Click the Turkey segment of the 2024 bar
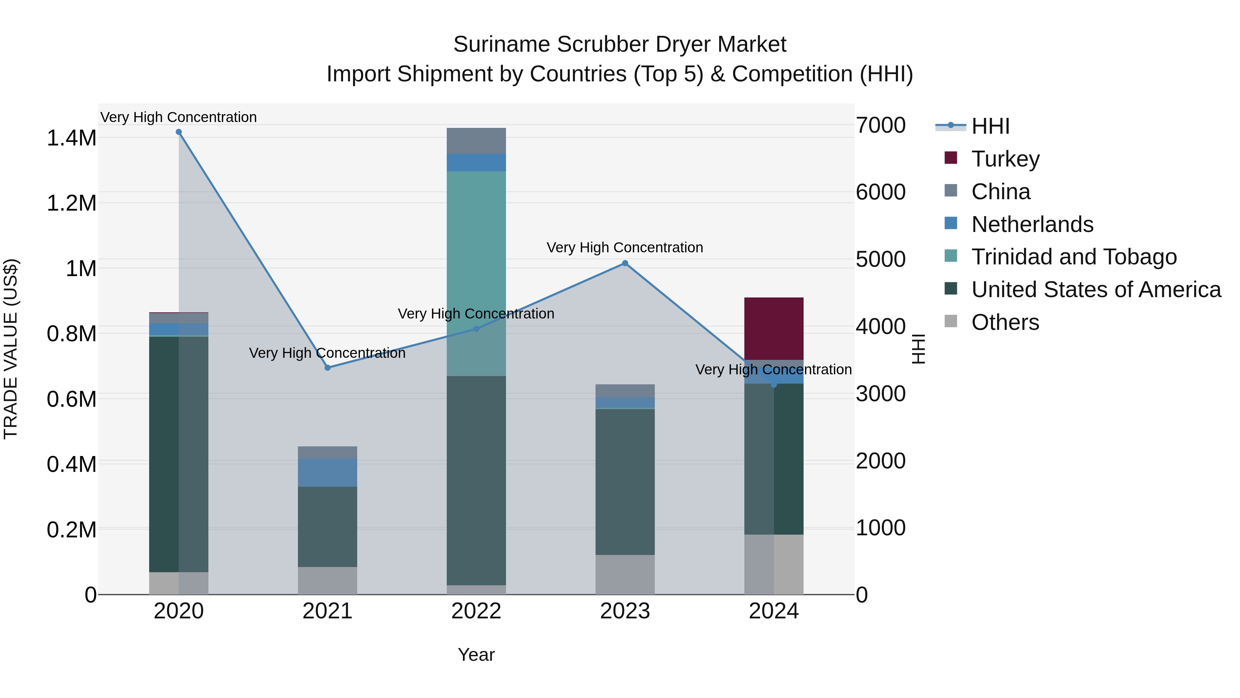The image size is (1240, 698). tap(774, 328)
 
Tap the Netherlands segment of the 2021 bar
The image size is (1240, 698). tap(327, 473)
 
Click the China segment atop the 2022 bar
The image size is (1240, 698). tap(476, 141)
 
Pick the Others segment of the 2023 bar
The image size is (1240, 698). tap(625, 574)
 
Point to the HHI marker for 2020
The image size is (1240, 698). tap(178, 132)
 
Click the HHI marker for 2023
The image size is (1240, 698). tap(625, 263)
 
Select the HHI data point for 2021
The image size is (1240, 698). tap(327, 367)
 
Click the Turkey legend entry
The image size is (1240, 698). tap(1005, 159)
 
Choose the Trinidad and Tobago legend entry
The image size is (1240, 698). tap(1073, 257)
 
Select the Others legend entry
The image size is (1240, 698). tap(1005, 322)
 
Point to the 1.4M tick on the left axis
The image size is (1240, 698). tap(71, 138)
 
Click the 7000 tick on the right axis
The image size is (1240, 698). tap(880, 125)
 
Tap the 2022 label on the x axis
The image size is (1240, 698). tap(476, 611)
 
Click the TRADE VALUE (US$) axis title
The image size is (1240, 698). tap(11, 349)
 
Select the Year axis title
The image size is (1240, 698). tap(476, 655)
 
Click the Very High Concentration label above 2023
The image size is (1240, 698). tap(624, 247)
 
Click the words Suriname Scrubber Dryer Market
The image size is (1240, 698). tap(620, 45)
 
